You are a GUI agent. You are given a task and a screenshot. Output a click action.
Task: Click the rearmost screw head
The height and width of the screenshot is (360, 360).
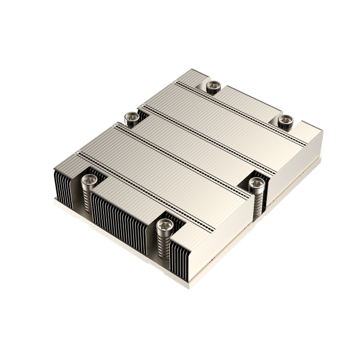pos(212,86)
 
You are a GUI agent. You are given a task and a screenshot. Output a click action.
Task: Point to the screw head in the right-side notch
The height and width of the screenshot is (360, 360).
pos(257,184)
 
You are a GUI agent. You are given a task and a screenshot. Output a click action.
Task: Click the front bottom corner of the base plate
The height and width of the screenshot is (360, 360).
pos(191,287)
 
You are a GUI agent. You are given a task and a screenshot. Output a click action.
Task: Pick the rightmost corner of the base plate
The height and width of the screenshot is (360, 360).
pos(321,160)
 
